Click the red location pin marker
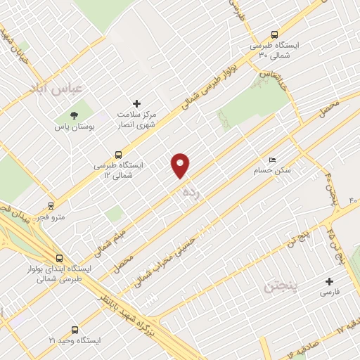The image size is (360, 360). click(x=181, y=165)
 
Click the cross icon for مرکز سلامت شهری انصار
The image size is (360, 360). click(x=137, y=103)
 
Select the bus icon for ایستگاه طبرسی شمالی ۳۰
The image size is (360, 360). click(x=274, y=34)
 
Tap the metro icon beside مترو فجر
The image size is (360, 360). click(x=51, y=206)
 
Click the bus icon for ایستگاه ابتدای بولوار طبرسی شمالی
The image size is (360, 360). click(x=58, y=257)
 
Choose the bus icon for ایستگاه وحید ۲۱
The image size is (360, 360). click(x=75, y=329)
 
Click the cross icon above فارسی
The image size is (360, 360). click(x=329, y=281)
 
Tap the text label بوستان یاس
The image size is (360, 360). click(x=73, y=128)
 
